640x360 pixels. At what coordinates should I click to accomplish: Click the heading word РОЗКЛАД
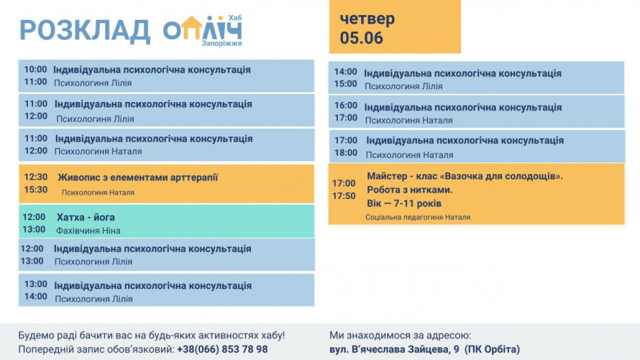85,31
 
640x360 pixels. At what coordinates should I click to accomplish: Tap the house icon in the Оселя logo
191,28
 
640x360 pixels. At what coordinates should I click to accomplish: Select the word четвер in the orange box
367,19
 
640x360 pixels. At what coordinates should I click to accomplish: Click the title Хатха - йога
86,217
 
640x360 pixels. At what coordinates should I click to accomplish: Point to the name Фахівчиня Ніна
88,231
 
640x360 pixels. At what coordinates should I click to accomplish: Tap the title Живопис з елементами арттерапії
138,177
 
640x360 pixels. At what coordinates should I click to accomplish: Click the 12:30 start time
36,177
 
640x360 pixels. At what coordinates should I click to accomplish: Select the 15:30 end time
36,190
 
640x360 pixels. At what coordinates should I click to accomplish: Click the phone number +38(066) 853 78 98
222,349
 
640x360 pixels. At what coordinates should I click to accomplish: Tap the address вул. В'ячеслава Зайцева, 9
394,349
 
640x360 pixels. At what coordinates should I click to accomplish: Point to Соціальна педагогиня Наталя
418,217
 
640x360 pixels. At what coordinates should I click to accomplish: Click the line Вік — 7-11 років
404,203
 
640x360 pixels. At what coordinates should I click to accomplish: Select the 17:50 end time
344,196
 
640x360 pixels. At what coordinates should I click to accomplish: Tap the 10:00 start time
35,69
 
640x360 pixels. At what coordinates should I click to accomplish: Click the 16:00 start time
346,105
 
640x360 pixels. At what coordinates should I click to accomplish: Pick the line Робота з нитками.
410,190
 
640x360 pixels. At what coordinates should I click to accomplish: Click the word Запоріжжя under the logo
221,43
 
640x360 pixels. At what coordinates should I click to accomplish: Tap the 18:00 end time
346,153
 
